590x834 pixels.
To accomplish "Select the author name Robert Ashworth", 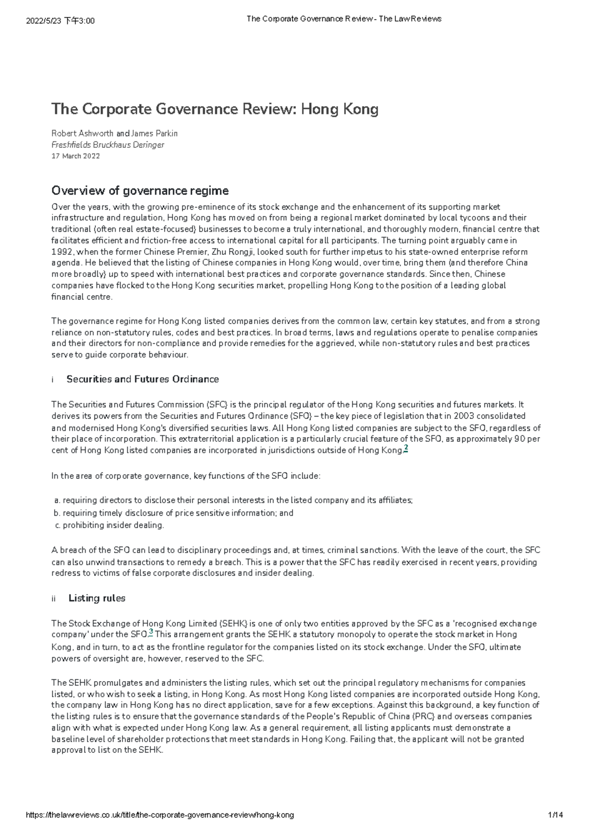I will (x=82, y=134).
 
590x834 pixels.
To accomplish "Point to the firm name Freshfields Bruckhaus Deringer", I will (x=108, y=145).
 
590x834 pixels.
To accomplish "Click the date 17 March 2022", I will (x=76, y=156).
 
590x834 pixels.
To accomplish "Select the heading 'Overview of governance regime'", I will (x=140, y=191).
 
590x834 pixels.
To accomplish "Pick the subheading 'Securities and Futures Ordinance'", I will (x=143, y=379).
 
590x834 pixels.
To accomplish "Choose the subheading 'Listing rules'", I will (x=97, y=598).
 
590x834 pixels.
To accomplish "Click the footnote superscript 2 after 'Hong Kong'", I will (x=406, y=448).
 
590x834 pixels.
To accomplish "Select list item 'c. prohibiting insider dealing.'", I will (x=109, y=525).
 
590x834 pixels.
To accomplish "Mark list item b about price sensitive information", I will (x=173, y=513).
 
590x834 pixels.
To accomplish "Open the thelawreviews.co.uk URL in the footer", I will (x=159, y=815).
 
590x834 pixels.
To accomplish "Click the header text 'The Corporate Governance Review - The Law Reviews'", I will (x=344, y=19).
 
